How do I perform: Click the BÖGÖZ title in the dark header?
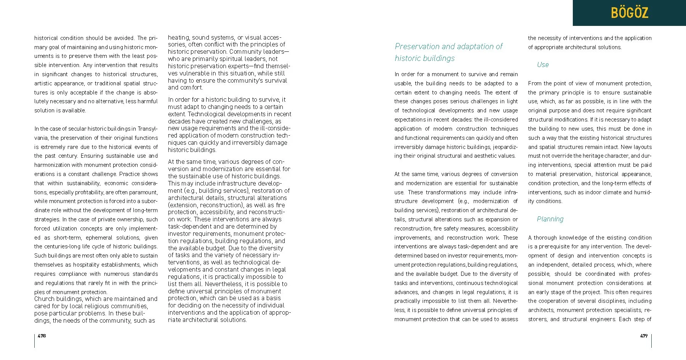coord(629,13)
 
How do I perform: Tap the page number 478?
coord(42,336)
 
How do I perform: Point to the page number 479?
coord(644,336)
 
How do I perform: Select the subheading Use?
coord(543,65)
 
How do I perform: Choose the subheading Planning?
coord(550,219)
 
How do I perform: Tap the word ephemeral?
coord(99,238)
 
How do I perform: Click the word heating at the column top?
coord(178,38)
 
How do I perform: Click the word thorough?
coord(547,238)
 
